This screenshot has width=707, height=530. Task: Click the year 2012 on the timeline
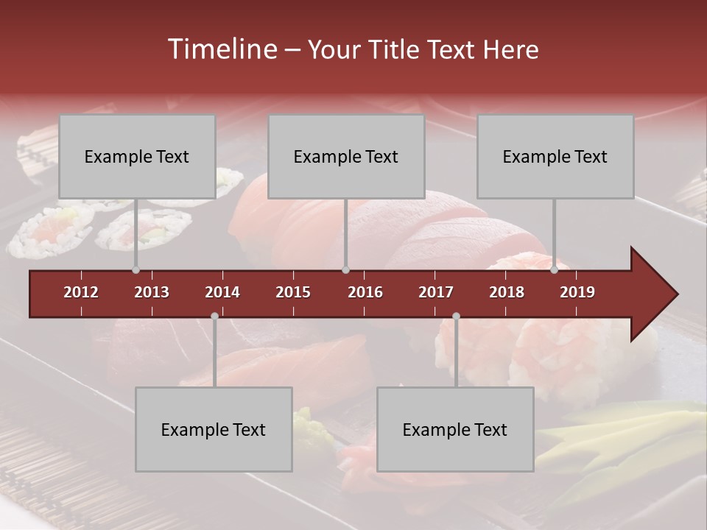pos(81,292)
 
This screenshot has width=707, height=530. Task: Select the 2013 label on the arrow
pos(152,292)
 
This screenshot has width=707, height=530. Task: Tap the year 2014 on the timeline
pos(222,292)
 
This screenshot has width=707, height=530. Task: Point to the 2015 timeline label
pos(293,292)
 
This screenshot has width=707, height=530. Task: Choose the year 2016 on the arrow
pos(365,292)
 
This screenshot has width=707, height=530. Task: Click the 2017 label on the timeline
pos(436,292)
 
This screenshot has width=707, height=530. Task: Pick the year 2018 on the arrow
pos(507,292)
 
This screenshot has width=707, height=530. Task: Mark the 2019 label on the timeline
pos(577,292)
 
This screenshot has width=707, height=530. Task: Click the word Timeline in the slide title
pos(221,49)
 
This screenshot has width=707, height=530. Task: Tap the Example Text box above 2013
pos(137,156)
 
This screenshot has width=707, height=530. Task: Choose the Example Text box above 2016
pos(346,156)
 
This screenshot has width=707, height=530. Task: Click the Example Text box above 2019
pos(555,156)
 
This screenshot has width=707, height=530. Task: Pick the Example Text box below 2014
pos(214,429)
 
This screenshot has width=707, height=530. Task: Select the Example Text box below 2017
pos(455,429)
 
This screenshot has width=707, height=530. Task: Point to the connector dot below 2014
pos(214,317)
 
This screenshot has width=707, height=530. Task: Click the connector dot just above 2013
pos(136,270)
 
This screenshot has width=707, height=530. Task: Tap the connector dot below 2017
pos(456,317)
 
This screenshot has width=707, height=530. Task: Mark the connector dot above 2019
pos(554,270)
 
